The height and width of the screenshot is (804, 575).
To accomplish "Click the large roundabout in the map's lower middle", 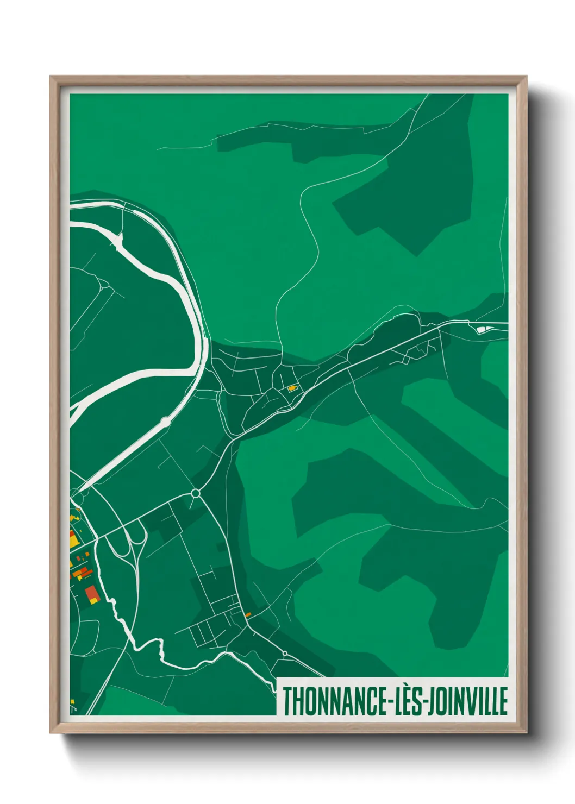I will coord(196,493).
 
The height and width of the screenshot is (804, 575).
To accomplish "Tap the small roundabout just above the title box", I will coord(285,653).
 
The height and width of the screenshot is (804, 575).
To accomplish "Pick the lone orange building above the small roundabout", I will coord(248,614).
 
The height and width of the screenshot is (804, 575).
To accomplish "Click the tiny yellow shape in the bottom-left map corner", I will coord(72,702).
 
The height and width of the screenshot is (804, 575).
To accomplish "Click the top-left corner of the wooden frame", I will coord(51,77).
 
